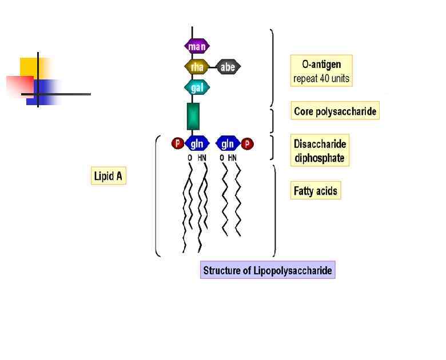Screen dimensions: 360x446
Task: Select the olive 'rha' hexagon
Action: pos(197,67)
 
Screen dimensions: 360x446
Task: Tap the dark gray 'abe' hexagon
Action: pos(228,67)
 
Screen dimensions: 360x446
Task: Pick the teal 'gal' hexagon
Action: pos(197,87)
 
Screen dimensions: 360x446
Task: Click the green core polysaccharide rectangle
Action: pos(194,116)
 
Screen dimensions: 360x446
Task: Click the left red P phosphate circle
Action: pos(177,143)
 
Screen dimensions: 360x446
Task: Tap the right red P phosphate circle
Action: pos(248,143)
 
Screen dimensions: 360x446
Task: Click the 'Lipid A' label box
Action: pos(107,175)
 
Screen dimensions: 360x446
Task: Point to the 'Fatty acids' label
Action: pos(316,191)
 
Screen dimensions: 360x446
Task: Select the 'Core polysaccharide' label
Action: pos(335,111)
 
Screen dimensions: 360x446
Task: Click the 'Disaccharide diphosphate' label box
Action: pos(320,151)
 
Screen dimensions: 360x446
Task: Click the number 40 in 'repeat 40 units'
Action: pos(324,78)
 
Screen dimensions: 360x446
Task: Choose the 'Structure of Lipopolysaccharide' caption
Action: pos(267,270)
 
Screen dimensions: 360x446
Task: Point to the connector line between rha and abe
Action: pos(213,67)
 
